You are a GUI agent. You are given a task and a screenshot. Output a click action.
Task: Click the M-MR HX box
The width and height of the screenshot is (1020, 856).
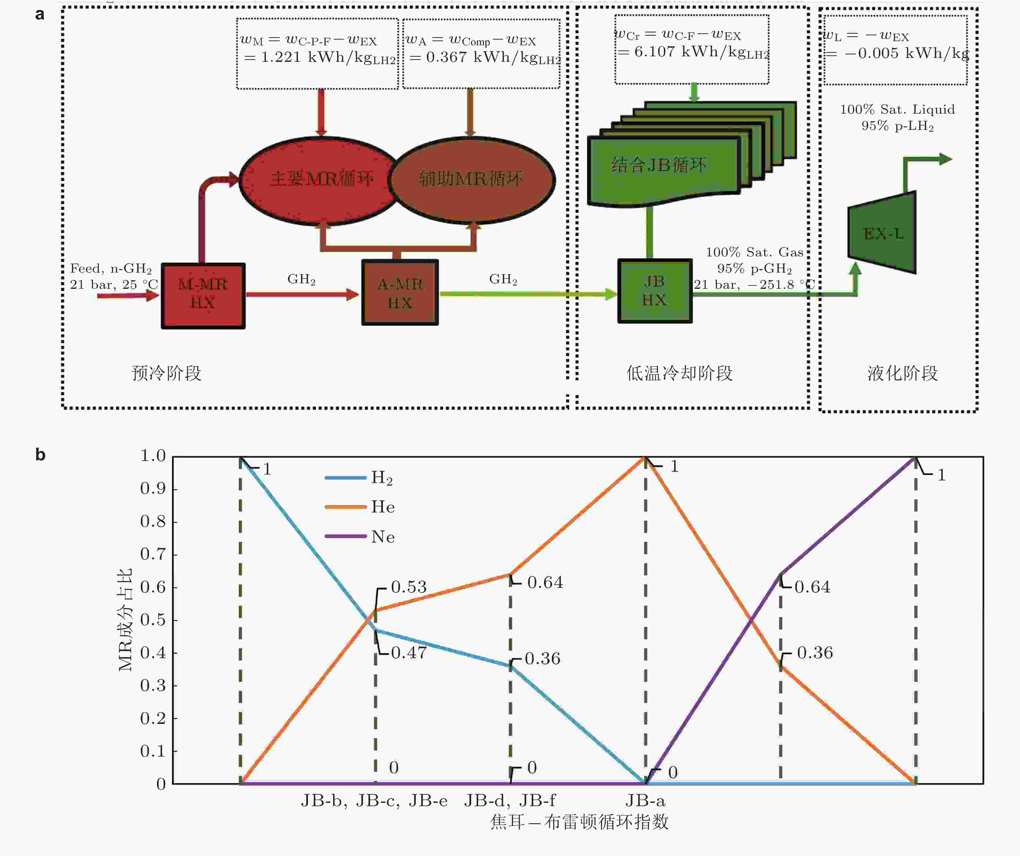(203, 296)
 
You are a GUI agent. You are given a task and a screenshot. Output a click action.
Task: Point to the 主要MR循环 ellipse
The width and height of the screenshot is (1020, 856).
(321, 180)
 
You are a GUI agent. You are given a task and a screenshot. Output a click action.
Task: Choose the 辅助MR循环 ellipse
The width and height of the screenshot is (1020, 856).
(471, 180)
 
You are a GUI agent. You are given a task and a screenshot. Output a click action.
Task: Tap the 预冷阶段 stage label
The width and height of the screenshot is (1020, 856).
(166, 373)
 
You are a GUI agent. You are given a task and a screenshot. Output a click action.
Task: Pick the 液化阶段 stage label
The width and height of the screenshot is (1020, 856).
(902, 373)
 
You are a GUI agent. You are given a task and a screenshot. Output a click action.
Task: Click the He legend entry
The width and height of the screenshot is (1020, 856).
(383, 507)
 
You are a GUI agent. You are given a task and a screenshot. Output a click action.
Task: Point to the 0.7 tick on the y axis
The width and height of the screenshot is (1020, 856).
(153, 554)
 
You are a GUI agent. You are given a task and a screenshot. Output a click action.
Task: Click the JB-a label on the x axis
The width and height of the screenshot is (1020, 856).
(646, 801)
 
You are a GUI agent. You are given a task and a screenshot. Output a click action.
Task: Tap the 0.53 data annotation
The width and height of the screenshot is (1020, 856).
(409, 587)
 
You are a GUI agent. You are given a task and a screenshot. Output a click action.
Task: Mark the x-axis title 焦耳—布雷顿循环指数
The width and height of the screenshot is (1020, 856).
(580, 822)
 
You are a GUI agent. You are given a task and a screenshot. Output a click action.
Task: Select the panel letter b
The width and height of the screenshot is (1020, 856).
(40, 455)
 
